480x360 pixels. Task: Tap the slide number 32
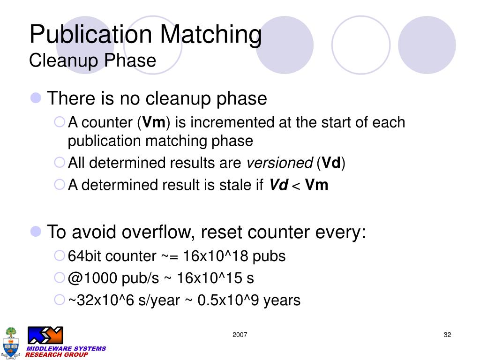447,335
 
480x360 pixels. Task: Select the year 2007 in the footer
240,335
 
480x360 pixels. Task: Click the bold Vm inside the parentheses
154,122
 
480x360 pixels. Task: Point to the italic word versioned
280,163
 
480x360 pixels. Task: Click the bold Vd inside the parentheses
331,163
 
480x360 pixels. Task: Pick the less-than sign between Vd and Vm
296,186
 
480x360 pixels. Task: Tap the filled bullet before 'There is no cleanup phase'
36,98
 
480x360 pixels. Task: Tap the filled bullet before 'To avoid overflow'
36,232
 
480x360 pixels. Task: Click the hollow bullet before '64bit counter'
60,255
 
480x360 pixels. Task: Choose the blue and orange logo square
45,335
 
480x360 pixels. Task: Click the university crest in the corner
11,343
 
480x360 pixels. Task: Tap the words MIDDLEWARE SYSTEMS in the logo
66,349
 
